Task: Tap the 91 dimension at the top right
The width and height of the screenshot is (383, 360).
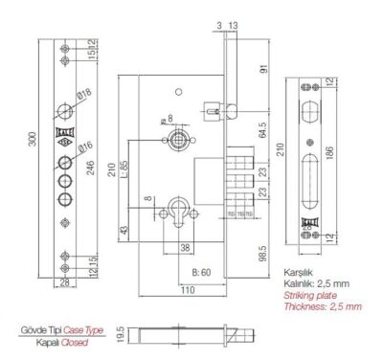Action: pos(259,68)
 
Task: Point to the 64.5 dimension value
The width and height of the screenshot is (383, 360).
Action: pos(261,124)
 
